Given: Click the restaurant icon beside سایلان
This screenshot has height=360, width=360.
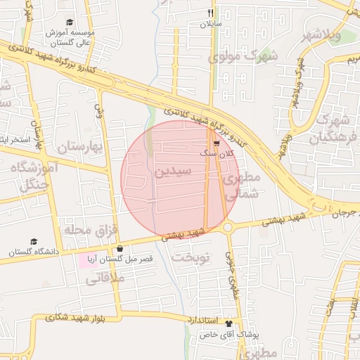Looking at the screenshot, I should pos(210,13).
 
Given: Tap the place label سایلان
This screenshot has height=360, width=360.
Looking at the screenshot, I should pos(210,24).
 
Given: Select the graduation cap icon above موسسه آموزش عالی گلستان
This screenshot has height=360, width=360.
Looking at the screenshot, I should pos(69,22).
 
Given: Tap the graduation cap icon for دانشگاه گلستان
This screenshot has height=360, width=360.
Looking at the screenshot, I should pos(34,240).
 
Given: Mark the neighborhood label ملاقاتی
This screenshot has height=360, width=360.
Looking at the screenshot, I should pos(105,278).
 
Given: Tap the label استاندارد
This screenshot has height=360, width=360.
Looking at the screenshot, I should pos(205,320).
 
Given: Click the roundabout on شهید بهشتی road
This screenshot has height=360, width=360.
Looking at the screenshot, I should pos(228,227).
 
